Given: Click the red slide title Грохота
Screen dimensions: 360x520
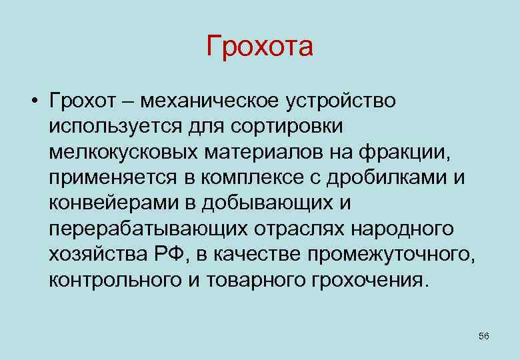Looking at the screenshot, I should click(x=259, y=47).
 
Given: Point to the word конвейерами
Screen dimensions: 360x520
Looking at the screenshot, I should click(x=103, y=203).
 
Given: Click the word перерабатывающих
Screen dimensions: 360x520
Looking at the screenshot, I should click(x=146, y=229).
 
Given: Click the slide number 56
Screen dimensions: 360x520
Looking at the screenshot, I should click(x=484, y=336).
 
